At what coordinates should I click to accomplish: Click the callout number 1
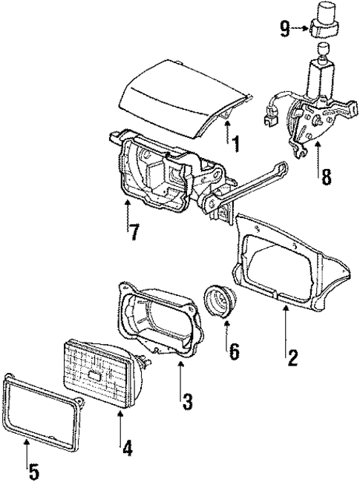(235, 142)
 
